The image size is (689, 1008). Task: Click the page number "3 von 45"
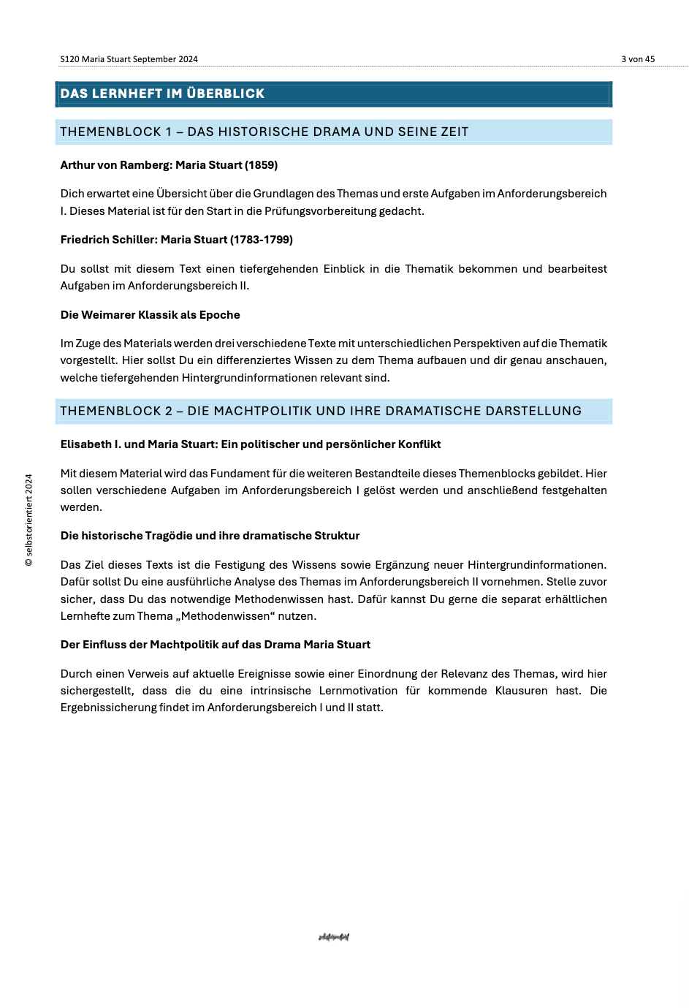(638, 59)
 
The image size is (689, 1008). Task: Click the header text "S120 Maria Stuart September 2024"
(129, 59)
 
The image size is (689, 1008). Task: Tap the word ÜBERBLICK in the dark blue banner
(225, 94)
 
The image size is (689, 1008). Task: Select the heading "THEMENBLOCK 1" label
(110, 132)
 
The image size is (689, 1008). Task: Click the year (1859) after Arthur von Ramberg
(262, 165)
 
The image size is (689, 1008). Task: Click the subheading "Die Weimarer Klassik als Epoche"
(150, 315)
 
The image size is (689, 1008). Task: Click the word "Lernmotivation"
(358, 691)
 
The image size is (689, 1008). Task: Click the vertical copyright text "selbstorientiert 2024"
(29, 520)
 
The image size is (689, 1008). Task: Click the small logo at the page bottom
(334, 937)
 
